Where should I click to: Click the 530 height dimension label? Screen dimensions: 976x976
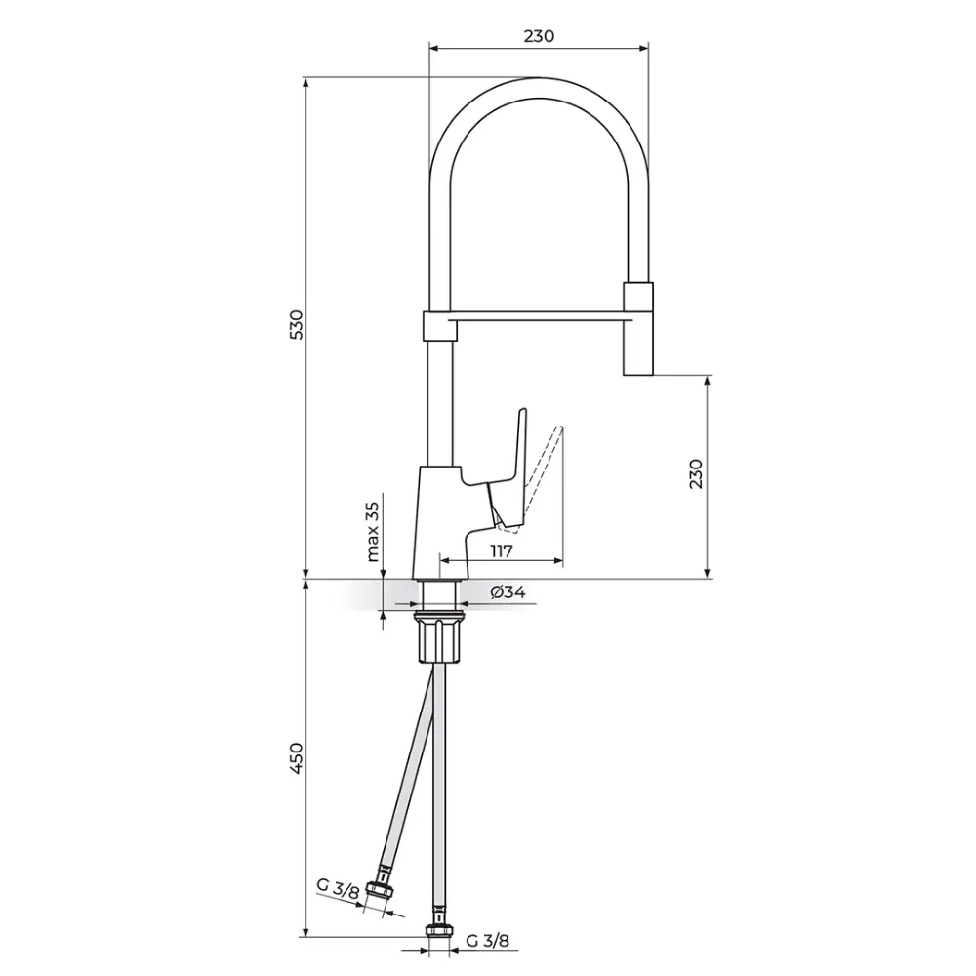[297, 324]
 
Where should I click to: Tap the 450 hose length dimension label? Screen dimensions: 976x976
[297, 758]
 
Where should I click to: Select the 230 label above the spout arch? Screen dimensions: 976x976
[539, 36]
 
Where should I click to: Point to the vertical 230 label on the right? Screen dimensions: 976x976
[696, 473]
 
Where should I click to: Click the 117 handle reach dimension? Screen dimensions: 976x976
[501, 550]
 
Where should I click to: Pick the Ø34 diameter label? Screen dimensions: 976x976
[508, 592]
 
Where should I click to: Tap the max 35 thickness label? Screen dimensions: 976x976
[372, 532]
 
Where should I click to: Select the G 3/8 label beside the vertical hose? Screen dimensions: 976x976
[487, 941]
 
